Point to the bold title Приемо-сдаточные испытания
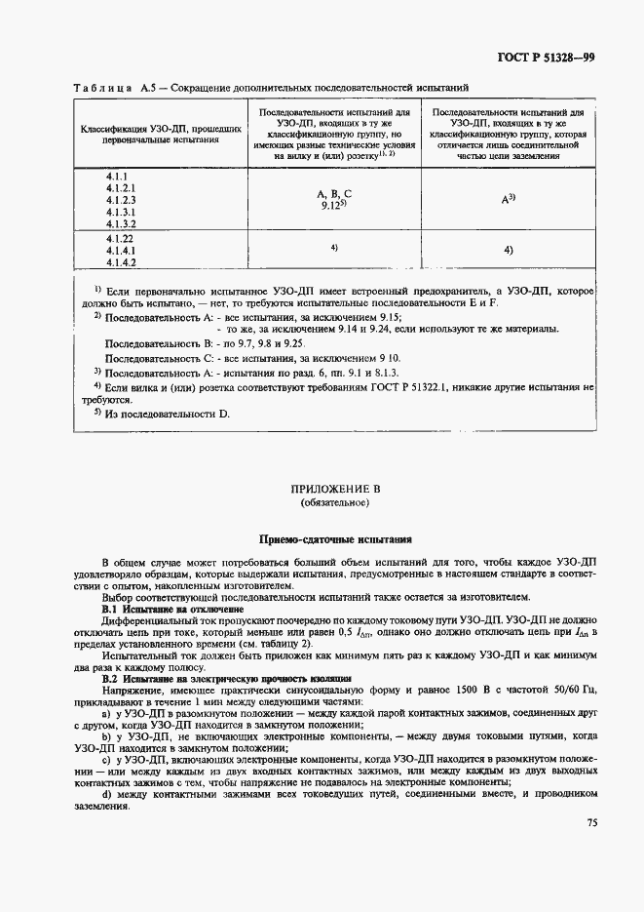click(x=334, y=538)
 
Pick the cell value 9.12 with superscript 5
click(x=333, y=207)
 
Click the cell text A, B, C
click(x=334, y=194)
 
